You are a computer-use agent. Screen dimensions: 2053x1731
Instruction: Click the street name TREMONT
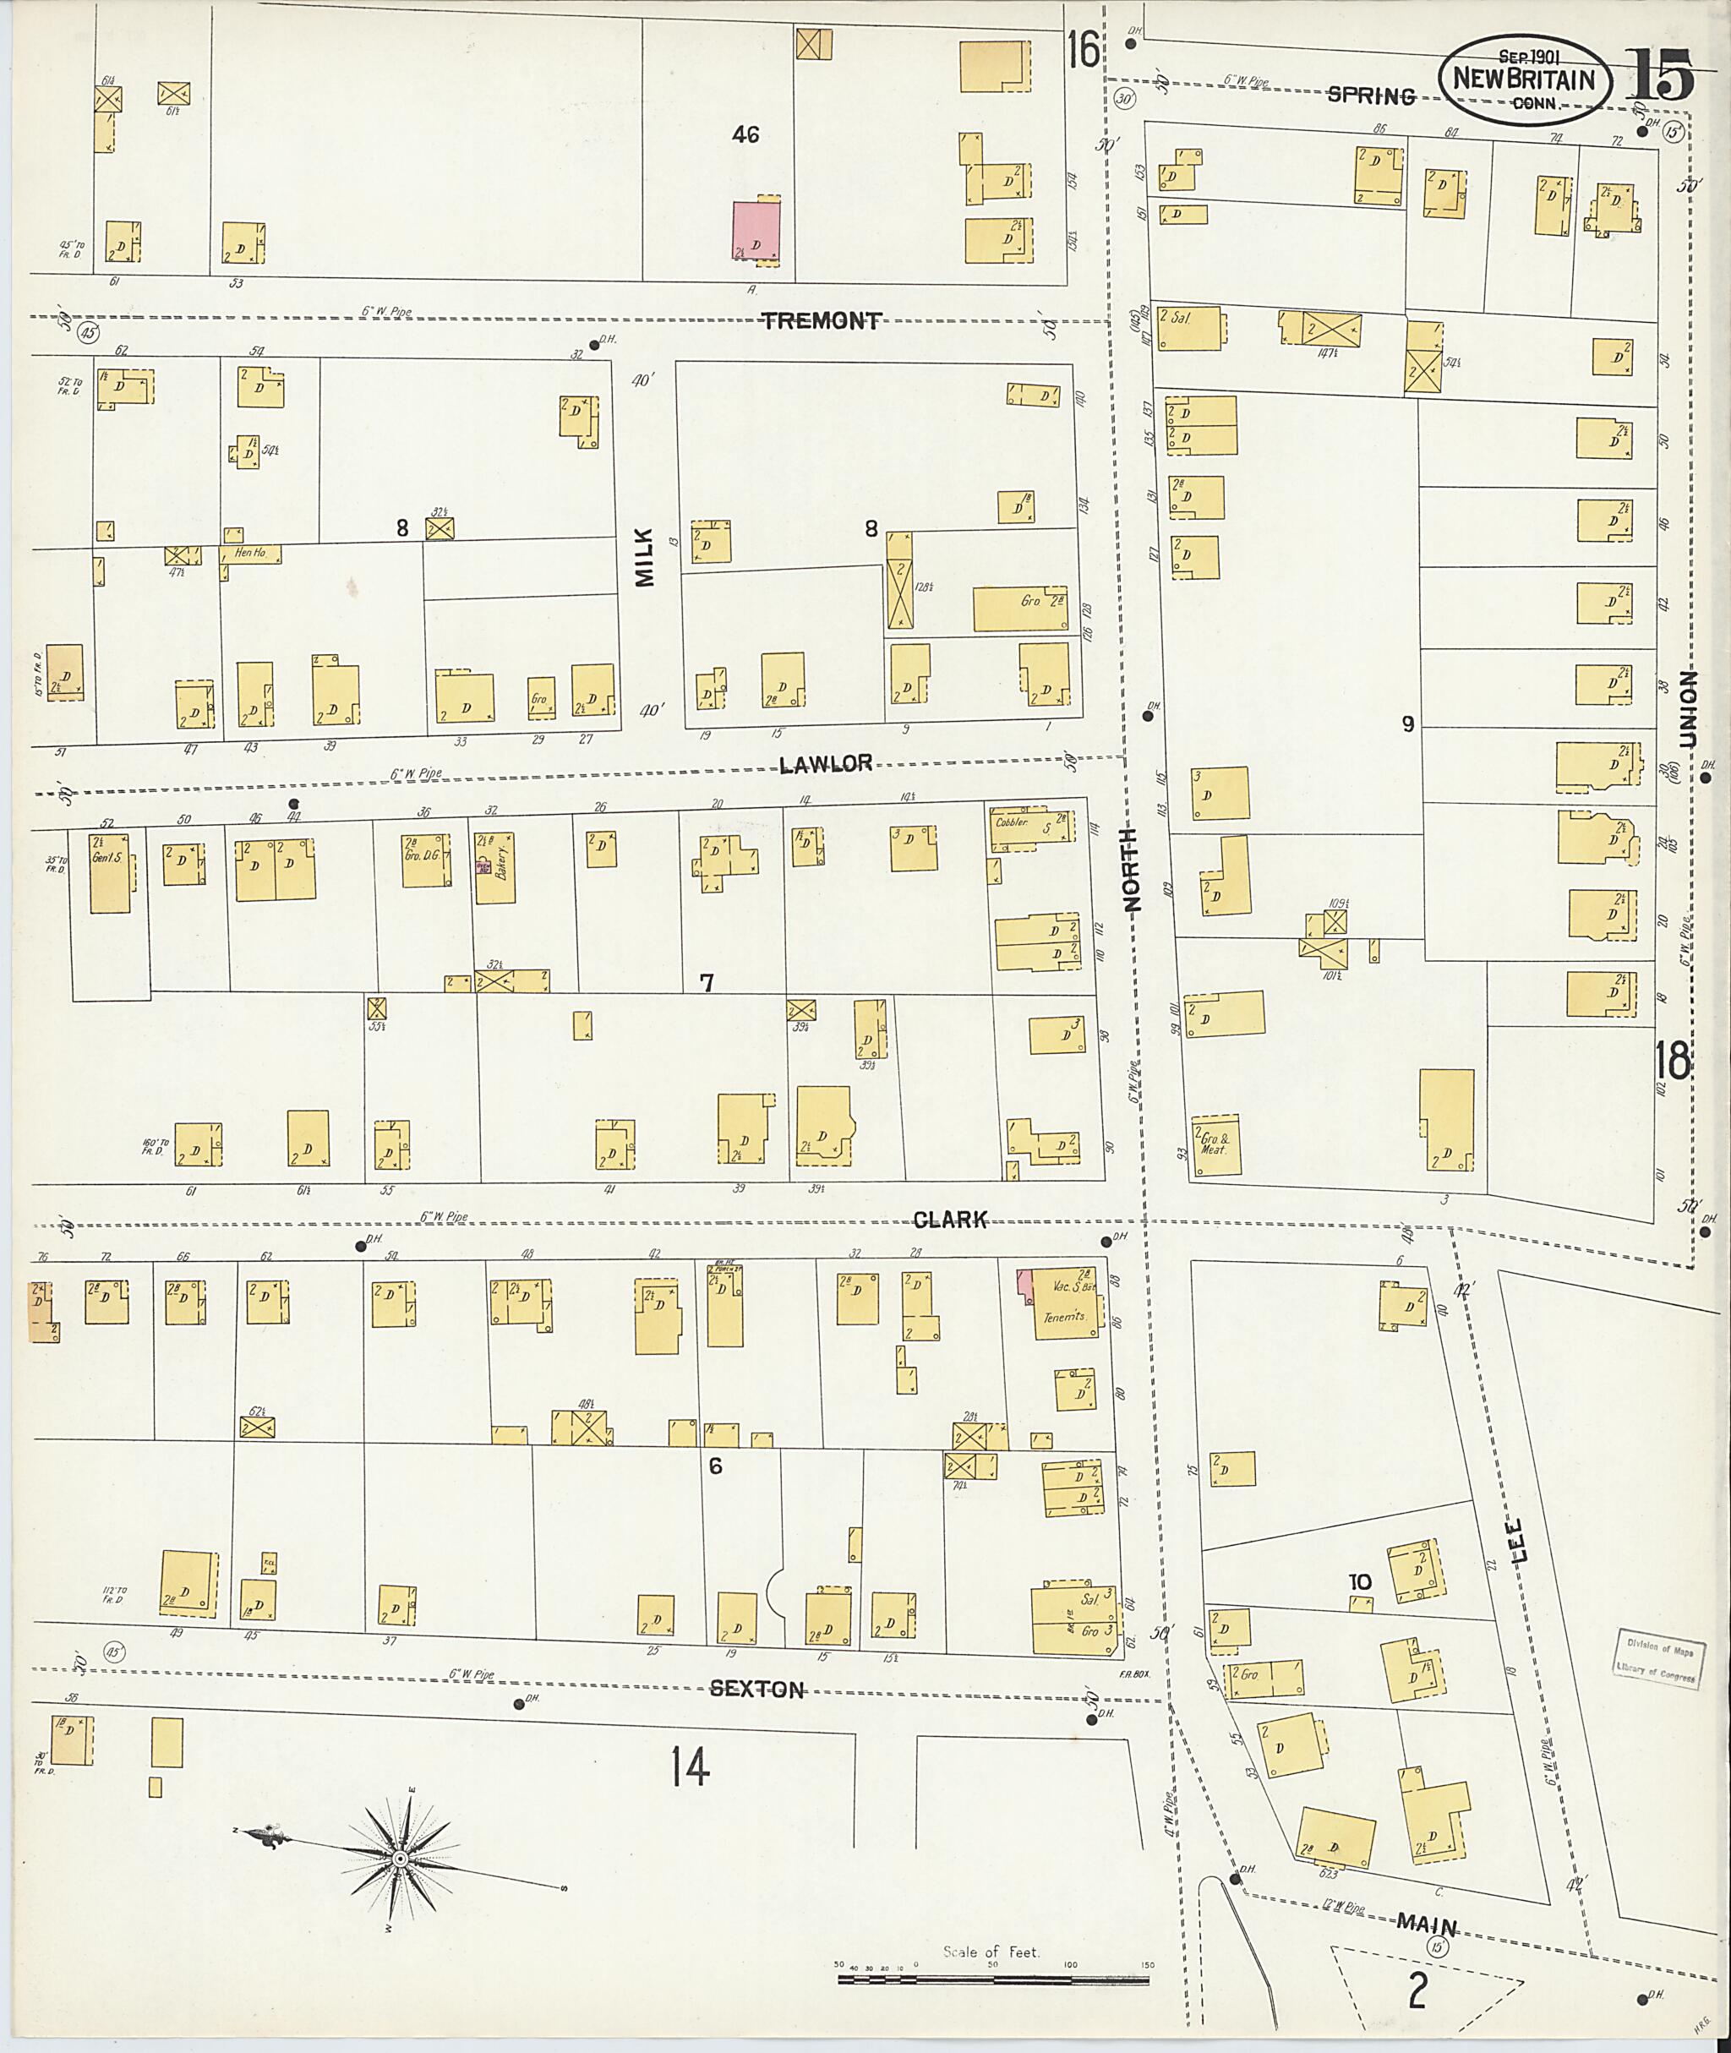[x=822, y=320]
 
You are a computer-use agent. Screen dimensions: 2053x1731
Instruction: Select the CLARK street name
[x=949, y=1220]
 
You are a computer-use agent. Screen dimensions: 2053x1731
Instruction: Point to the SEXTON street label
[x=756, y=1690]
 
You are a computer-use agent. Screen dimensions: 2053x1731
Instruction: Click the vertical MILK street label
[x=644, y=556]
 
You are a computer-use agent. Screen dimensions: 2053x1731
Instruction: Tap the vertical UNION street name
[x=1688, y=708]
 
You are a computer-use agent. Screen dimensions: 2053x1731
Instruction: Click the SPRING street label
[x=1371, y=96]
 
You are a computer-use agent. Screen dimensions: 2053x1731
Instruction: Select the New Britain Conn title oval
[x=1523, y=79]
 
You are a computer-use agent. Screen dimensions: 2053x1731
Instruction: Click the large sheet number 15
[x=1659, y=74]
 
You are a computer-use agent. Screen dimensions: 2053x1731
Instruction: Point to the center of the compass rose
[x=401, y=1859]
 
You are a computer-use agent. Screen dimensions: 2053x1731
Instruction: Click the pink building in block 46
[x=756, y=232]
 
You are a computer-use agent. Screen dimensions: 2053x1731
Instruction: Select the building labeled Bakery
[x=496, y=870]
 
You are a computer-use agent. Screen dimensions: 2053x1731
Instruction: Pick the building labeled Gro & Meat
[x=1215, y=1145]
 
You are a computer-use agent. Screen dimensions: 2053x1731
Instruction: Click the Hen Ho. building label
[x=250, y=554]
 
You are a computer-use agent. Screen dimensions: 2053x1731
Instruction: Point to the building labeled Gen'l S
[x=109, y=872]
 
